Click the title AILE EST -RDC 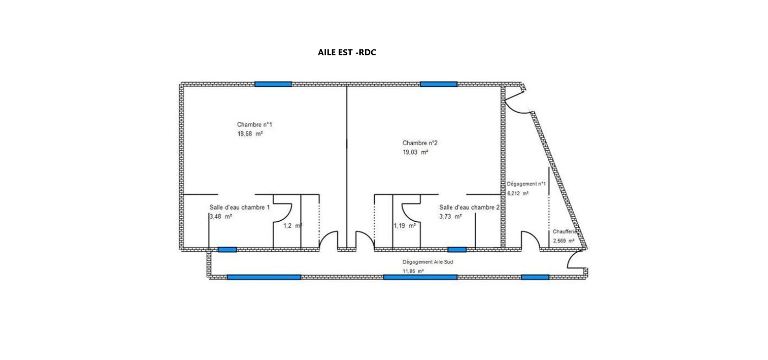click(347, 53)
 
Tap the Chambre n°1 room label click(254, 125)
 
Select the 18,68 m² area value click(250, 134)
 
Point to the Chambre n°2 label click(420, 143)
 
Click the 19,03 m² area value click(415, 152)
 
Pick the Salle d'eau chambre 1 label click(240, 208)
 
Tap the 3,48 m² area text click(221, 217)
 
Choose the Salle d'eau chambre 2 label click(469, 208)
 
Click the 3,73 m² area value click(451, 217)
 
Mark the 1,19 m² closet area click(405, 226)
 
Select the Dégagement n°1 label click(526, 184)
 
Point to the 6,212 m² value click(518, 194)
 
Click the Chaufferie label click(565, 232)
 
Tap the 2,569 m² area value click(564, 241)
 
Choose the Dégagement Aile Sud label click(427, 262)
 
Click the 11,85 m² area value click(413, 271)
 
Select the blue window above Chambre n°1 click(273, 84)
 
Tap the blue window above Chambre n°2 click(439, 84)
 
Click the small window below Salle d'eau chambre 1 click(227, 249)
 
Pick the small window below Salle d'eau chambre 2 click(457, 249)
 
